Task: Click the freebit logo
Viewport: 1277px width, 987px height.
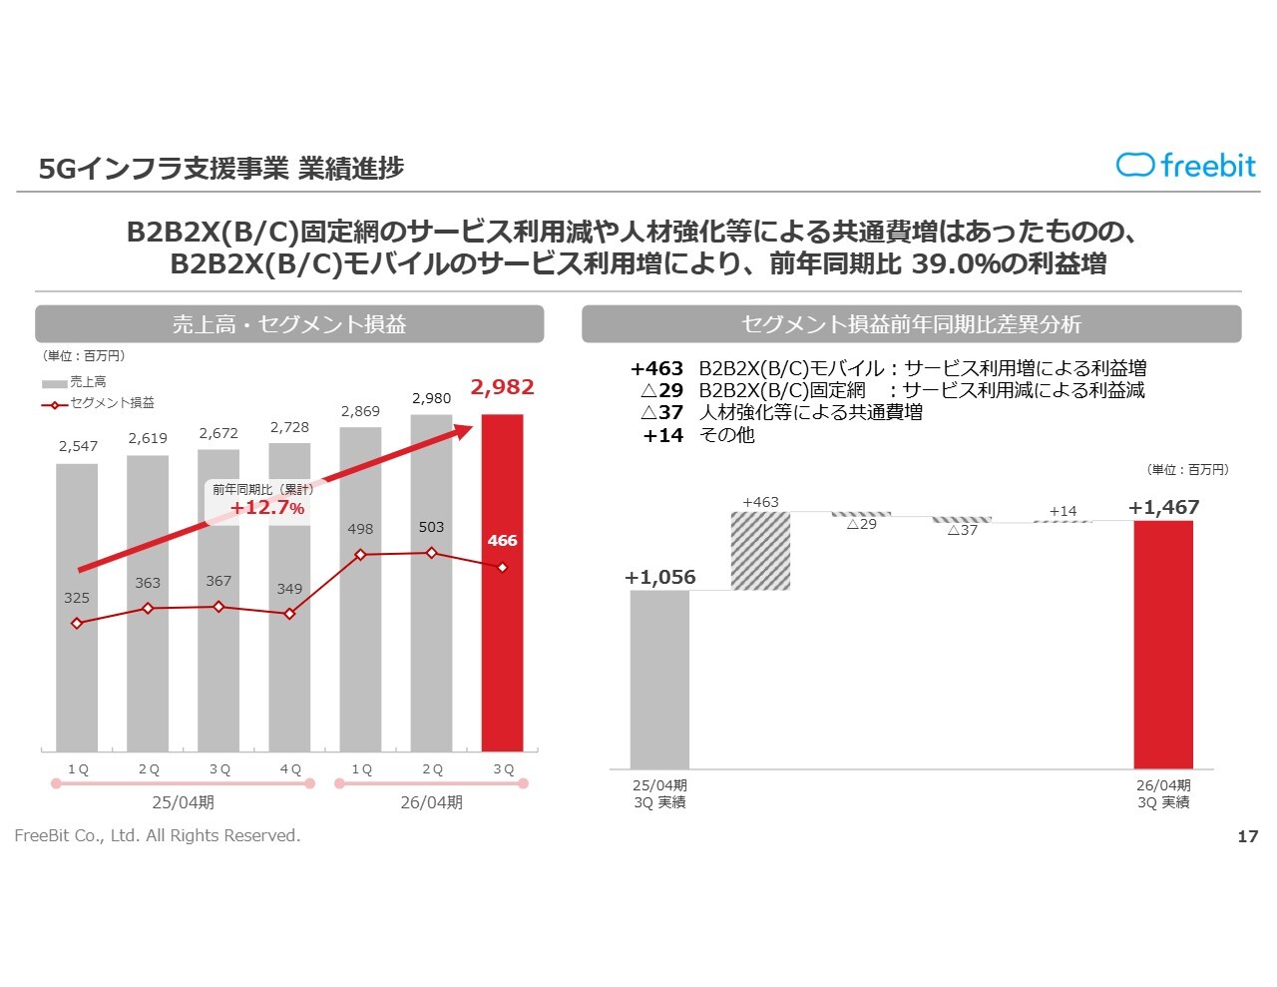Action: [x=1185, y=166]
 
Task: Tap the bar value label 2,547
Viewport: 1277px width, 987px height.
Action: [x=78, y=446]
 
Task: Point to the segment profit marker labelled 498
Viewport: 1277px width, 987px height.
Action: [x=360, y=554]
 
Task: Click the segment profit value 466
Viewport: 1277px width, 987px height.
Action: [x=502, y=541]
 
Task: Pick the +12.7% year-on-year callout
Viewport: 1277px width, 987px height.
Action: [x=266, y=507]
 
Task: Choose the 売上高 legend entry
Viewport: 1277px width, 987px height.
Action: [x=75, y=382]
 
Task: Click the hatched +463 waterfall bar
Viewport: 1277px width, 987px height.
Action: [x=760, y=550]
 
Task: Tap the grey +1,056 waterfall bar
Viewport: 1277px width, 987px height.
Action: [x=659, y=679]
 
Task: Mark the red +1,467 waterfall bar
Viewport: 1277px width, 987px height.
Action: [x=1163, y=644]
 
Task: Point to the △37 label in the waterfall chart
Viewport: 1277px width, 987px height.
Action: [x=962, y=531]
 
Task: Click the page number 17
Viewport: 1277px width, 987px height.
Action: [x=1247, y=836]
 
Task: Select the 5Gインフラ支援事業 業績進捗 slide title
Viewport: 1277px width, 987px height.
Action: [x=220, y=168]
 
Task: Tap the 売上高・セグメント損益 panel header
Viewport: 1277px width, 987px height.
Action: [x=289, y=324]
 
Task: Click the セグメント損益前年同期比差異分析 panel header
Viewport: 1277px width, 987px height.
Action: [x=911, y=324]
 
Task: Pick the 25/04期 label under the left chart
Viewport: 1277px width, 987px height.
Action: [x=183, y=802]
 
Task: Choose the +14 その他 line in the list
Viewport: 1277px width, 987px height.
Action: [x=698, y=435]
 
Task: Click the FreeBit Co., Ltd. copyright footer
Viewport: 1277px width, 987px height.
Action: [x=158, y=836]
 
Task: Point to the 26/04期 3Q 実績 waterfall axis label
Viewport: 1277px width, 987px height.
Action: [x=1163, y=794]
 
